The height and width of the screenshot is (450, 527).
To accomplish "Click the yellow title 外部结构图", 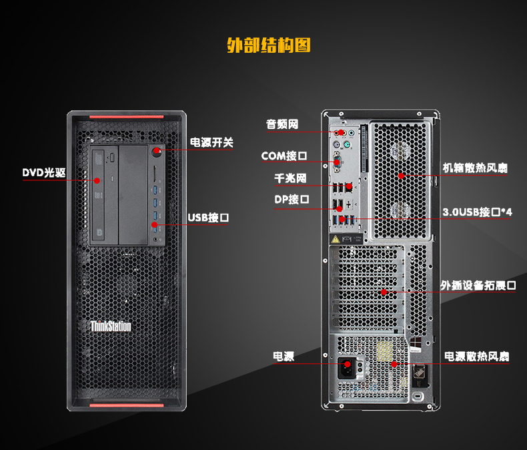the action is click(x=269, y=45).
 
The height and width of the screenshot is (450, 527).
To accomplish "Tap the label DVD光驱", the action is click(x=44, y=172).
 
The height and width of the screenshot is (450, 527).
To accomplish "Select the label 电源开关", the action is click(x=211, y=142).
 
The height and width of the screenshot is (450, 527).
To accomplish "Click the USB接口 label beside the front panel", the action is click(x=208, y=218).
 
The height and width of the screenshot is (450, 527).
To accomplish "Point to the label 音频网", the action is click(x=282, y=124).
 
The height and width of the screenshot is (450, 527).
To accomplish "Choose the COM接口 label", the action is click(x=284, y=156).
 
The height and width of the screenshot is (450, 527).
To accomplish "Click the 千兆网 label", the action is click(x=290, y=178).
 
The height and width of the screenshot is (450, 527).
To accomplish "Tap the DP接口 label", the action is click(x=292, y=200).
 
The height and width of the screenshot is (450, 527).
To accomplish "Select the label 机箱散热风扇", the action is click(x=475, y=168).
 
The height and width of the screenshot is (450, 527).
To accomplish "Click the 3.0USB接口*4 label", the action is click(x=477, y=212).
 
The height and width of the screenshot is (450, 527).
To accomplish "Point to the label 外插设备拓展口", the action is click(x=478, y=286).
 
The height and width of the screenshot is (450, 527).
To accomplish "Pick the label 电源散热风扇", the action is click(x=476, y=357).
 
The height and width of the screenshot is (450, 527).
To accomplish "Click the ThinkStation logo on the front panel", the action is click(x=111, y=326).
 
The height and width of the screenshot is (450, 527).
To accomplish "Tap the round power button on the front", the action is click(x=157, y=152).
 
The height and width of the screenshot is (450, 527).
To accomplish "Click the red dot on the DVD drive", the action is click(x=97, y=181).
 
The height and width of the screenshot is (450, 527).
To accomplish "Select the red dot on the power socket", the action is click(x=348, y=364).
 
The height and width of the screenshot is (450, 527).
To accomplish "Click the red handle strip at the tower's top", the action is click(x=126, y=117).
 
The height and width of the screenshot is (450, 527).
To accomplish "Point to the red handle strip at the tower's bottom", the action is click(x=126, y=405).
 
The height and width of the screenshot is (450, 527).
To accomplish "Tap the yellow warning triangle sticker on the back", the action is click(x=336, y=240).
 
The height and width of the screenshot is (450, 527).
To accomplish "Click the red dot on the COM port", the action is click(x=337, y=162).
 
